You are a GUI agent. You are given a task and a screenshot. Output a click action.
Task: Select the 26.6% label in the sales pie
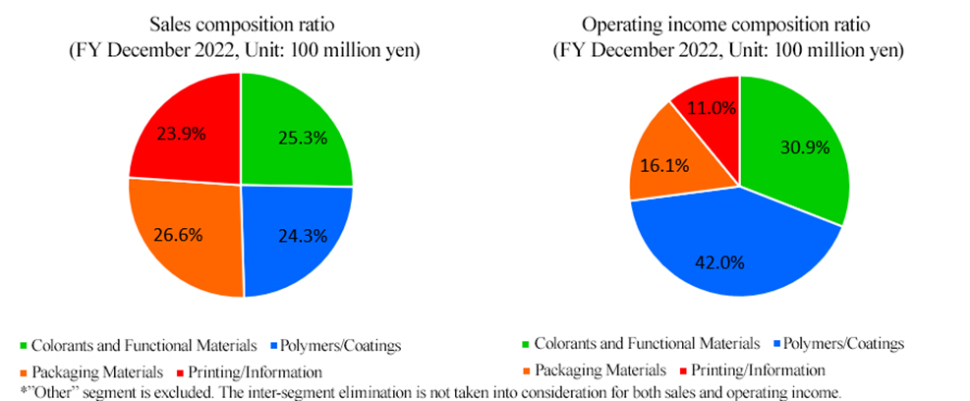(180, 236)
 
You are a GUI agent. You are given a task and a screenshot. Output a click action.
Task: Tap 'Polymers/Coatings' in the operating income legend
(842, 344)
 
